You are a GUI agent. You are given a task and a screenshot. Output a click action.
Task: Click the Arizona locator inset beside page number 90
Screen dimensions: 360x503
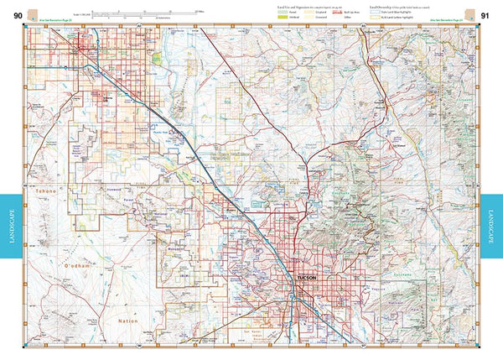[x=32, y=13]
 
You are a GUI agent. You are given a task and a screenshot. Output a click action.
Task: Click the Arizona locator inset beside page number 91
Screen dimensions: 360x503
[x=471, y=13]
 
